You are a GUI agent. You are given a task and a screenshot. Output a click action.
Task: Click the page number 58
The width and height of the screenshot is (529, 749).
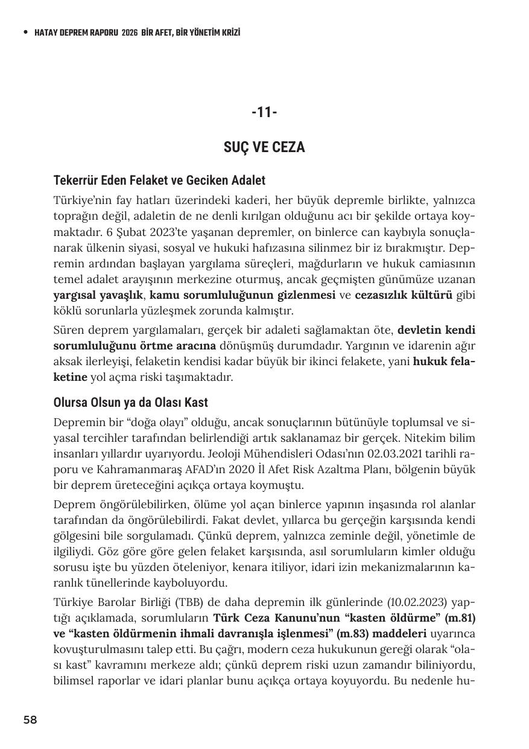[x=30, y=719]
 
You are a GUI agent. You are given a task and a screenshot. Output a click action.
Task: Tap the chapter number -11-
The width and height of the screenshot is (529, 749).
[x=264, y=112]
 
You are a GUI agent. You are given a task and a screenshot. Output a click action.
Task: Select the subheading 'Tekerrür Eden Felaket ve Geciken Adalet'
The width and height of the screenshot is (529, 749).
[x=159, y=180]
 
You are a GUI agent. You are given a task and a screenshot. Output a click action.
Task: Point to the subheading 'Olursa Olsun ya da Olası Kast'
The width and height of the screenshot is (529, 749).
[x=131, y=403]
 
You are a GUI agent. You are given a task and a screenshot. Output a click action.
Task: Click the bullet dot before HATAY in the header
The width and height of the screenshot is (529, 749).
[x=25, y=33]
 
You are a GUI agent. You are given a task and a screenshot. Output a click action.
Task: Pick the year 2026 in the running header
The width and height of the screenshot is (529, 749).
[x=129, y=33]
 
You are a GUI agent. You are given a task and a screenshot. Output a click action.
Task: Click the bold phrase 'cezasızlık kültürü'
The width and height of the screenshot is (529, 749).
[x=404, y=295]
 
